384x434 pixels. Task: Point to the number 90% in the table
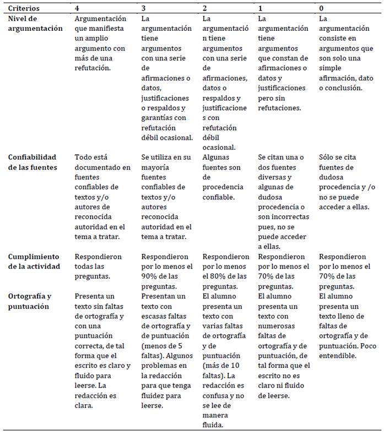coord(150,276)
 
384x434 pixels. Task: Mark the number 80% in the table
coord(212,276)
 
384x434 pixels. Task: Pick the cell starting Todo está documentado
coord(102,197)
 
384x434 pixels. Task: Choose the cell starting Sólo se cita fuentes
coord(347,182)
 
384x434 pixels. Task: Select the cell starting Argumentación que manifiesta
coord(102,43)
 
